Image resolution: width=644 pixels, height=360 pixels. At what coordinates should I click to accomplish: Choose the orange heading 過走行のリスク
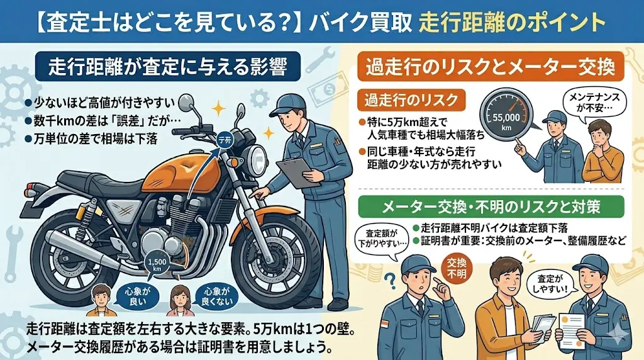[x=411, y=100]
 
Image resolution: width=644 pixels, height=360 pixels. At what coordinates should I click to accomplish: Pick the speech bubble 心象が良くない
[x=216, y=296]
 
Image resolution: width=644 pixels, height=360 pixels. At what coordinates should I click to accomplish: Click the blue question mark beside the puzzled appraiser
[x=391, y=281]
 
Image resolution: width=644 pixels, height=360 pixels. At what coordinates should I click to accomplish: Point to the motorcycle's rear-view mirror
[x=186, y=101]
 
